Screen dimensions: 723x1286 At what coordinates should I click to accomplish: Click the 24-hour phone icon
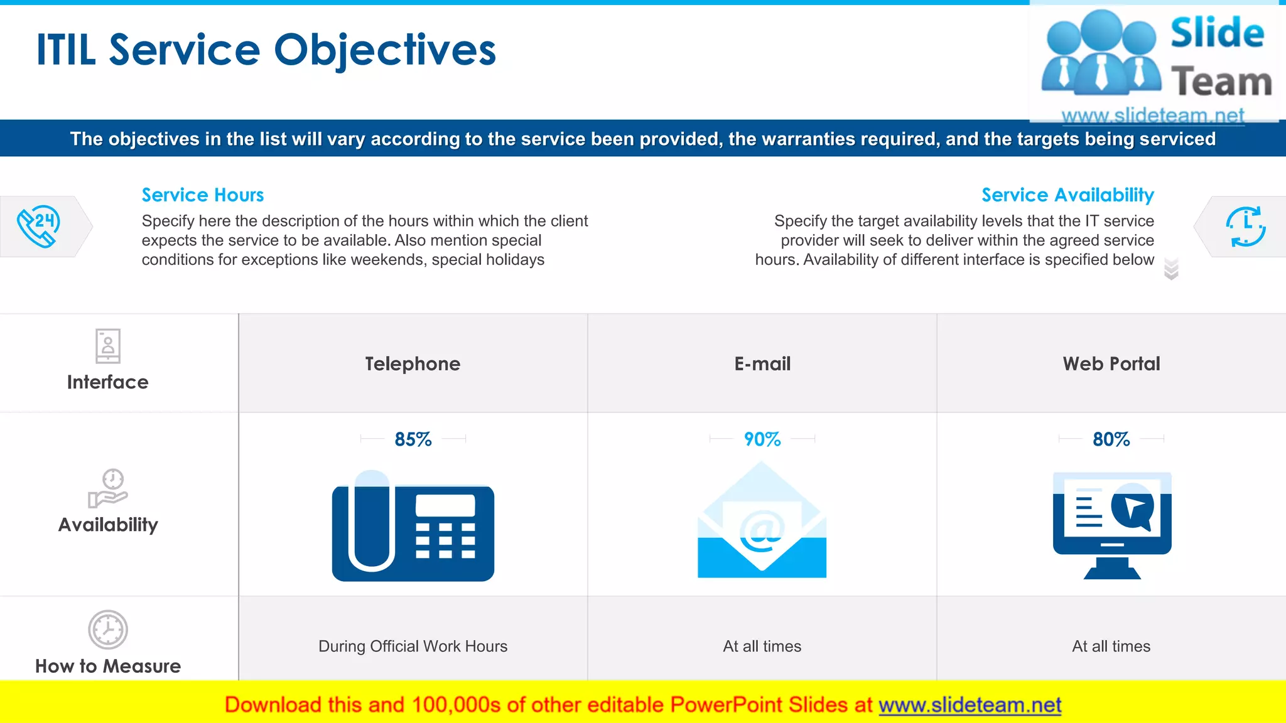tap(39, 226)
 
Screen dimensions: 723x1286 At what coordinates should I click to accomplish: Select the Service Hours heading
tap(202, 195)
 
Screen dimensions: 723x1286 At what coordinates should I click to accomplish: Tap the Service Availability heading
tap(1067, 195)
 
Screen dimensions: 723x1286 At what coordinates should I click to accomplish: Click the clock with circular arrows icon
tap(1246, 226)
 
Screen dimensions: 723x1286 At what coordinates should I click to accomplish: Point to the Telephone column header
tap(413, 364)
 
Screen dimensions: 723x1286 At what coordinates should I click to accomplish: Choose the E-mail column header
tap(762, 364)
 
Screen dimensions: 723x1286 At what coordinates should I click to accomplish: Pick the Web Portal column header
tap(1111, 364)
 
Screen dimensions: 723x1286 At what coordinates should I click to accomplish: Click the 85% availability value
tap(413, 439)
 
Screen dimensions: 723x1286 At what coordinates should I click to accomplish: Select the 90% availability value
tap(762, 439)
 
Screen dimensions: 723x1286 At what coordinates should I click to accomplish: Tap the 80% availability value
tap(1111, 439)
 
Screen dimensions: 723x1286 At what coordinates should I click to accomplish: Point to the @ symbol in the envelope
tap(762, 530)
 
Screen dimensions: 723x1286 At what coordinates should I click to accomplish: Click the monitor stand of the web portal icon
tap(1112, 568)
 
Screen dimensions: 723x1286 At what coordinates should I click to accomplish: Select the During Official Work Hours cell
tap(413, 646)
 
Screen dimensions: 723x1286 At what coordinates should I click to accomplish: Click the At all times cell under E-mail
tap(762, 646)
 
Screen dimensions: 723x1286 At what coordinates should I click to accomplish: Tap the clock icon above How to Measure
tap(108, 629)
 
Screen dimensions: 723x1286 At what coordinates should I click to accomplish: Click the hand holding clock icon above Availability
tap(108, 488)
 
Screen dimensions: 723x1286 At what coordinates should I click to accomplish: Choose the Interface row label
tap(108, 382)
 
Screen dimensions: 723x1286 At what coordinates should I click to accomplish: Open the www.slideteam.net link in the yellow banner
tap(970, 705)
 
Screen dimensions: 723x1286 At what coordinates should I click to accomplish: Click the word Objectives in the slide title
tap(385, 50)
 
